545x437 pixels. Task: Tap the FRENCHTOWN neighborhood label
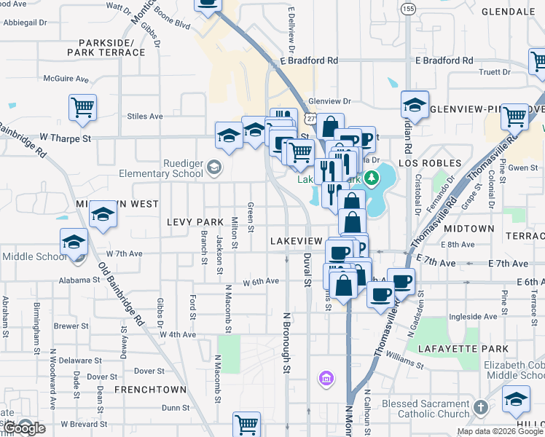pyautogui.click(x=142, y=390)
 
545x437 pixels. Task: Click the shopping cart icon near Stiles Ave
pyautogui.click(x=82, y=108)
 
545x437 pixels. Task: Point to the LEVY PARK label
pyautogui.click(x=195, y=221)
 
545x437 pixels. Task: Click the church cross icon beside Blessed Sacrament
pyautogui.click(x=480, y=406)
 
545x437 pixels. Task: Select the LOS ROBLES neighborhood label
pyautogui.click(x=429, y=163)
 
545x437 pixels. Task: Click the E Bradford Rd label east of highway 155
pyautogui.click(x=462, y=60)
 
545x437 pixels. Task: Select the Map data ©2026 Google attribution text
pyautogui.click(x=500, y=431)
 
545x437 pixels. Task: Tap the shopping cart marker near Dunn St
pyautogui.click(x=247, y=424)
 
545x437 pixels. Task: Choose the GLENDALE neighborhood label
pyautogui.click(x=509, y=12)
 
